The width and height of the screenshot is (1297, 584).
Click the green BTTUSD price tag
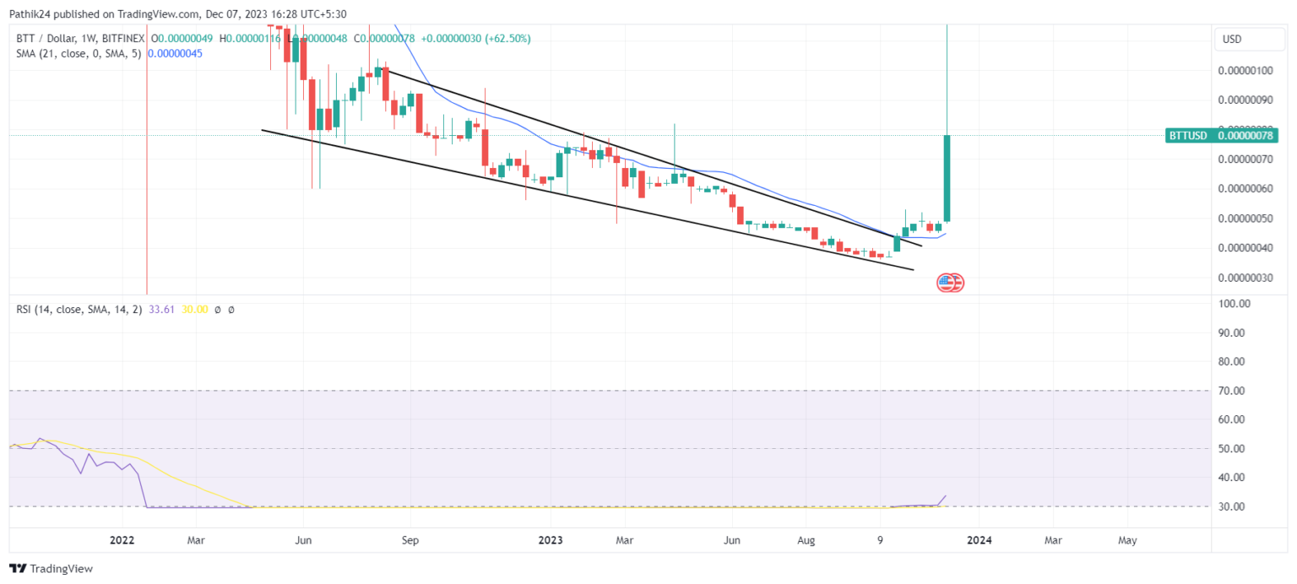[x=1221, y=135]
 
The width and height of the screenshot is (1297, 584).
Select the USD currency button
[x=1233, y=40]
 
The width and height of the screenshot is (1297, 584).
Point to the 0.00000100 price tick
[x=1245, y=71]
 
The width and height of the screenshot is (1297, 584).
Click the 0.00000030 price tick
[x=1245, y=278]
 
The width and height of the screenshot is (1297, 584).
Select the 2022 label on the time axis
[x=122, y=540]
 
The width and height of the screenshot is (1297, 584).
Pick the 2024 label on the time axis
[x=980, y=540]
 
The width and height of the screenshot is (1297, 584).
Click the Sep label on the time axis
[x=410, y=540]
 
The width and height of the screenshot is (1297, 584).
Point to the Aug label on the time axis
[x=806, y=540]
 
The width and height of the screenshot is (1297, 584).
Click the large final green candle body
[x=947, y=177]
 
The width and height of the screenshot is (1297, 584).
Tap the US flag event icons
[x=951, y=283]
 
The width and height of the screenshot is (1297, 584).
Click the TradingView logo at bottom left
[x=51, y=569]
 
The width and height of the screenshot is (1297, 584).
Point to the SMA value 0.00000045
[x=175, y=53]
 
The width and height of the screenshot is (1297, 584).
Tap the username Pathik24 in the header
[x=28, y=14]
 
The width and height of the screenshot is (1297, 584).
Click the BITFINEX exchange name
[x=122, y=39]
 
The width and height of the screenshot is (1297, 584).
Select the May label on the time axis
[x=1127, y=540]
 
